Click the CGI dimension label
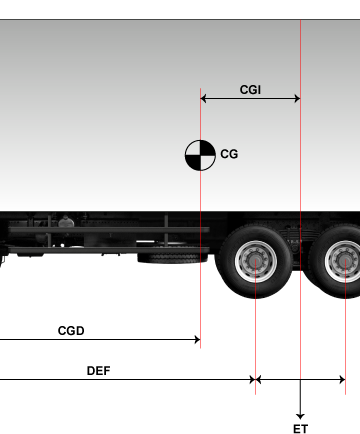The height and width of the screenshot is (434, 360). click(250, 89)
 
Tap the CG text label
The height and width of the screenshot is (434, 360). click(229, 154)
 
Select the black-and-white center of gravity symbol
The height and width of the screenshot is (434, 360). click(200, 155)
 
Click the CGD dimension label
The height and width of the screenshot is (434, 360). click(71, 331)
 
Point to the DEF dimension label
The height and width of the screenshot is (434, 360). click(98, 371)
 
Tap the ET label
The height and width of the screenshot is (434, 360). click(300, 429)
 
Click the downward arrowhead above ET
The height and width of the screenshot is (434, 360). click(300, 416)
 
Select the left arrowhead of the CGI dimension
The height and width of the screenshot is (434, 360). click(203, 99)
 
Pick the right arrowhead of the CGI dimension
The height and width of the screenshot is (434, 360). click(297, 99)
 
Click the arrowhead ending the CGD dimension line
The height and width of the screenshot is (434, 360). click(197, 340)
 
